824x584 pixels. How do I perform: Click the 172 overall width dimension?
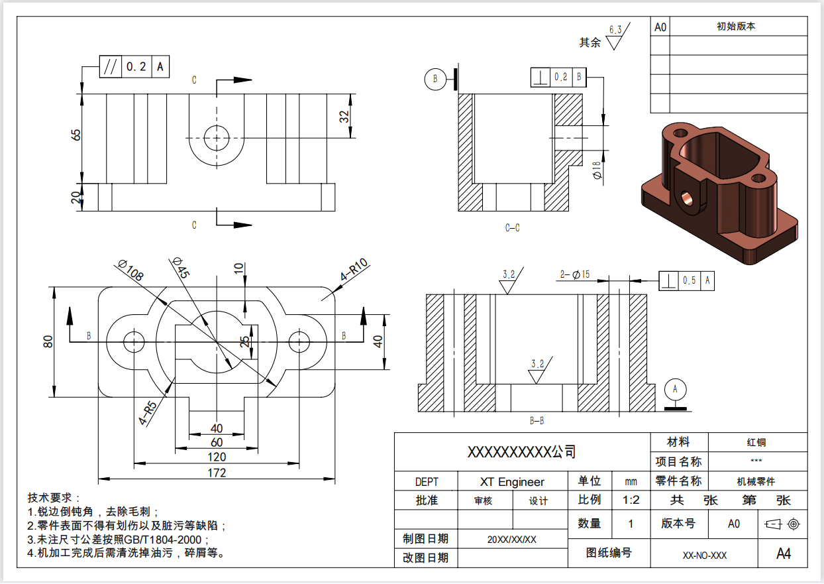tap(217, 473)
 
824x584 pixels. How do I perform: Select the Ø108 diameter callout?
tap(130, 271)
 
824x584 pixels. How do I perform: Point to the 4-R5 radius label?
tap(147, 413)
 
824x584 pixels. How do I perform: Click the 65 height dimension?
tap(77, 135)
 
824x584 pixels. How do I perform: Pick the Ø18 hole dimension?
tap(597, 170)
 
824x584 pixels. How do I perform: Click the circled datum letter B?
tap(435, 78)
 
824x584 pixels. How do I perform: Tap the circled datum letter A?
tap(676, 388)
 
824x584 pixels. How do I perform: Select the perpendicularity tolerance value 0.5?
tap(690, 280)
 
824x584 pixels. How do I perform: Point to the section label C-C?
tap(512, 228)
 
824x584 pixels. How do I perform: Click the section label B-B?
tap(537, 420)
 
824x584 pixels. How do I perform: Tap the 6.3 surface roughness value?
tap(615, 30)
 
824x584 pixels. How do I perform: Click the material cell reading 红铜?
tap(756, 442)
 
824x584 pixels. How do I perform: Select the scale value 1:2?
tap(631, 499)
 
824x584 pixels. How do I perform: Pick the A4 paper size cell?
tap(783, 554)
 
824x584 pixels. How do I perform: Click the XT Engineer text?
tap(512, 481)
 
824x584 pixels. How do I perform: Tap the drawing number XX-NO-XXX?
tap(705, 555)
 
